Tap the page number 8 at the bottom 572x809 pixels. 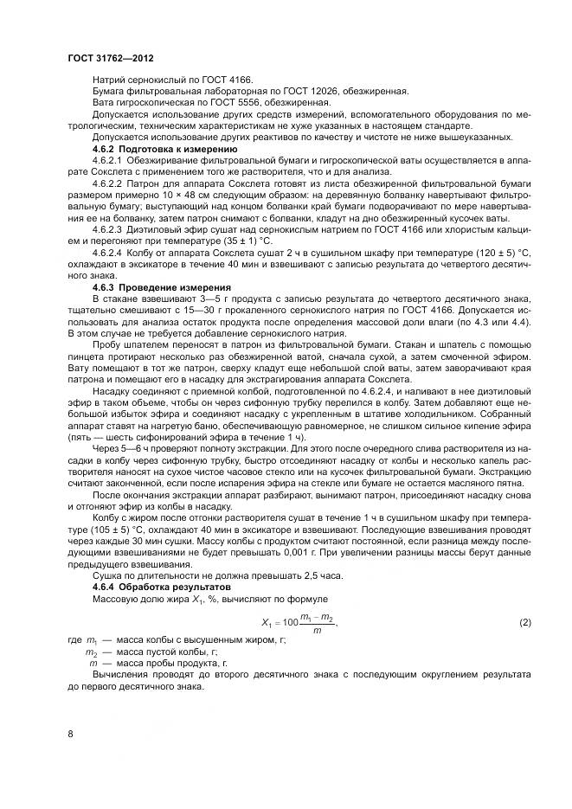[70, 734]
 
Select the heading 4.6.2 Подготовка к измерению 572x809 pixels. [152, 149]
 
